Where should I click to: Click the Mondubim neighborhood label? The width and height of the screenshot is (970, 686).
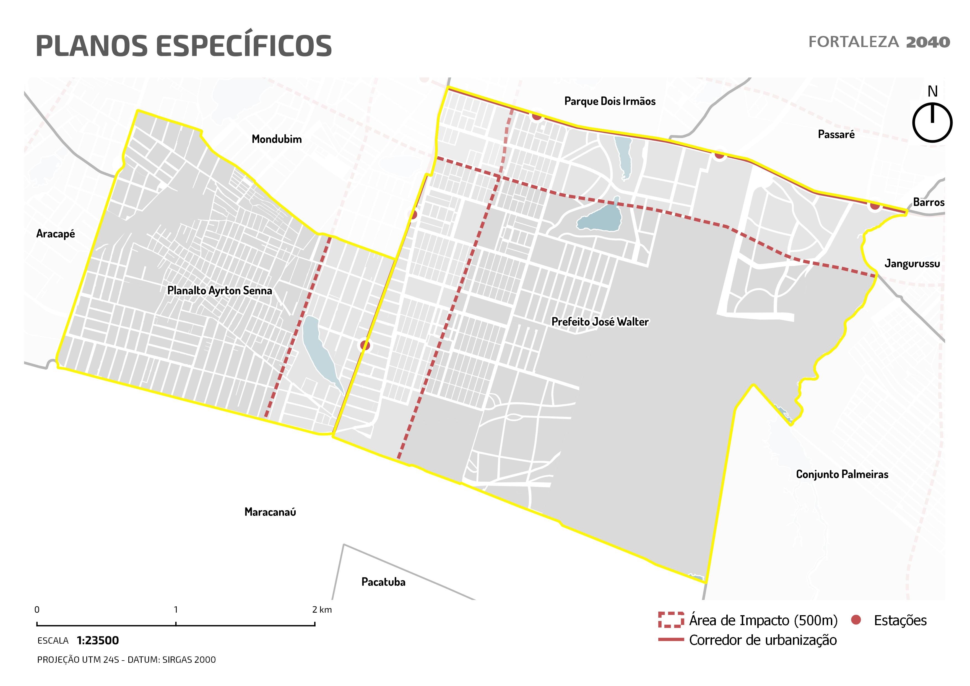point(277,139)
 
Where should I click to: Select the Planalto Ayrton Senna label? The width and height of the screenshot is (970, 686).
point(219,291)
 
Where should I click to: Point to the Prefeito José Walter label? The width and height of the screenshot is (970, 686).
point(600,322)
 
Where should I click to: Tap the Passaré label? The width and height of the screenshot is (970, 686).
point(836,134)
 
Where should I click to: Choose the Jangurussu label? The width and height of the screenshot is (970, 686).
point(912,264)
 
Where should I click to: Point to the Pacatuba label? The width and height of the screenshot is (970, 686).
point(383,582)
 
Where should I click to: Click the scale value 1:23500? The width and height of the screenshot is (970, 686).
point(98,640)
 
